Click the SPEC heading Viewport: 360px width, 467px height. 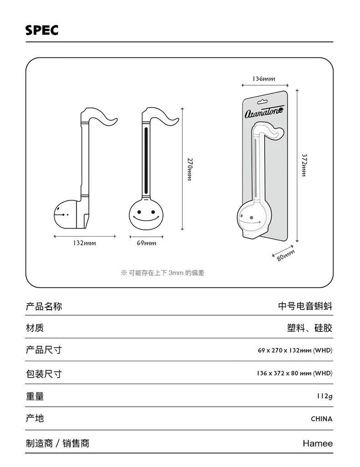pyautogui.click(x=42, y=30)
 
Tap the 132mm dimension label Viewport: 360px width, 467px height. pyautogui.click(x=85, y=243)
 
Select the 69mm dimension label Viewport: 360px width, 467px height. pyautogui.click(x=146, y=243)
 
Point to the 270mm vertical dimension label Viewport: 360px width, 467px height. pyautogui.click(x=190, y=169)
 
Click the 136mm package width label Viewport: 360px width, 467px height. pyautogui.click(x=264, y=78)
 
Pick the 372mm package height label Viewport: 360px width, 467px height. pyautogui.click(x=304, y=166)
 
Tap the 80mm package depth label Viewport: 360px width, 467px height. pyautogui.click(x=286, y=255)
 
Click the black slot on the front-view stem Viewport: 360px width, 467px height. pyautogui.click(x=146, y=161)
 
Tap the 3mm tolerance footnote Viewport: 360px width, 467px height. pyautogui.click(x=163, y=273)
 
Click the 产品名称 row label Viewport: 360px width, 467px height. pyautogui.click(x=44, y=306)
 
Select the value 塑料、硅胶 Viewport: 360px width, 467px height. pyautogui.click(x=309, y=328)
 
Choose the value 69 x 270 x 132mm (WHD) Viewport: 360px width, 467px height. pyautogui.click(x=295, y=350)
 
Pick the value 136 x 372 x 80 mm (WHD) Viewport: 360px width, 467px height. pyautogui.click(x=294, y=373)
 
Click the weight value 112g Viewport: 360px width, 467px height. pyautogui.click(x=324, y=396)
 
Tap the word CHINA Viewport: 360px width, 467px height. pyautogui.click(x=322, y=419)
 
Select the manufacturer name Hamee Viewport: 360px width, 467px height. pyautogui.click(x=318, y=443)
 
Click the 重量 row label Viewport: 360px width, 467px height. pyautogui.click(x=35, y=396)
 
